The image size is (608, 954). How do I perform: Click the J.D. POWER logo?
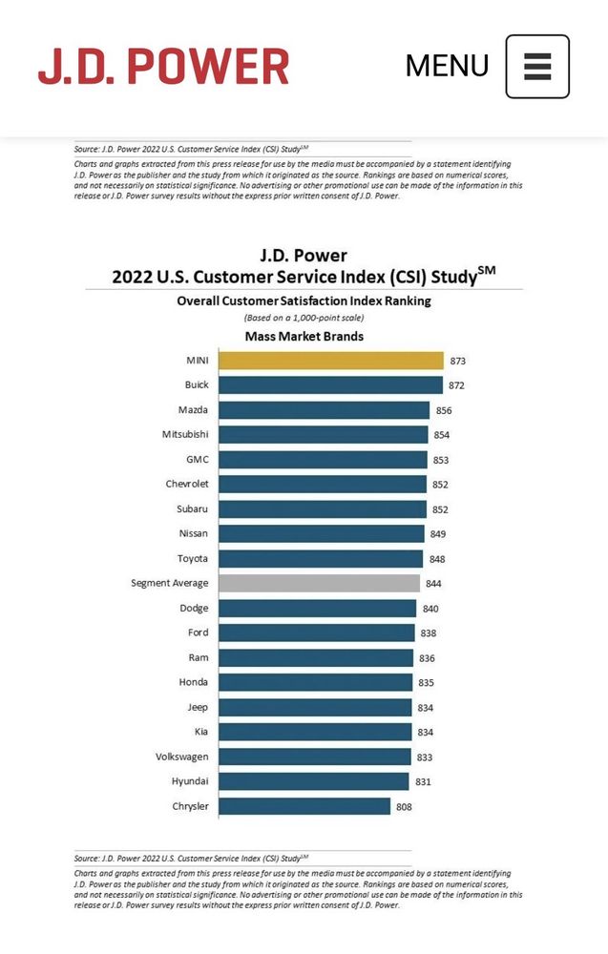163,66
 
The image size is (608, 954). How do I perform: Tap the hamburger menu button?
537,67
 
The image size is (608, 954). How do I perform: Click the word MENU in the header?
447,66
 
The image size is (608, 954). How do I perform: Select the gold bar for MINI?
330,361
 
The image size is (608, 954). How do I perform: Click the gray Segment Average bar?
319,583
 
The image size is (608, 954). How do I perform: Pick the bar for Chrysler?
304,806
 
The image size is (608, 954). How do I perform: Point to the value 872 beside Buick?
458,385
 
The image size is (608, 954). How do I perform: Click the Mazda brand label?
194,410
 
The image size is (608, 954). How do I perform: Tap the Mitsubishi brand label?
185,435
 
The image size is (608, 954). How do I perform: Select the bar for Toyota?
321,559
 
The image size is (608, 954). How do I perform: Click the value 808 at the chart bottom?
405,807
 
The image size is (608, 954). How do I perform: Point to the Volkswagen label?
182,757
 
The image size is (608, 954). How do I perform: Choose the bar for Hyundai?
314,781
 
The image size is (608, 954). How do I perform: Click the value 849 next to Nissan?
437,534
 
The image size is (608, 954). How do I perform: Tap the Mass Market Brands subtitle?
304,337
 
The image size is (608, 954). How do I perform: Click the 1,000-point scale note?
304,318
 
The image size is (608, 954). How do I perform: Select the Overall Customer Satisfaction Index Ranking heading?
304,301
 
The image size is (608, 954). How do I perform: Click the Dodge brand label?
194,608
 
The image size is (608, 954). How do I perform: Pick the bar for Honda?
316,682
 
